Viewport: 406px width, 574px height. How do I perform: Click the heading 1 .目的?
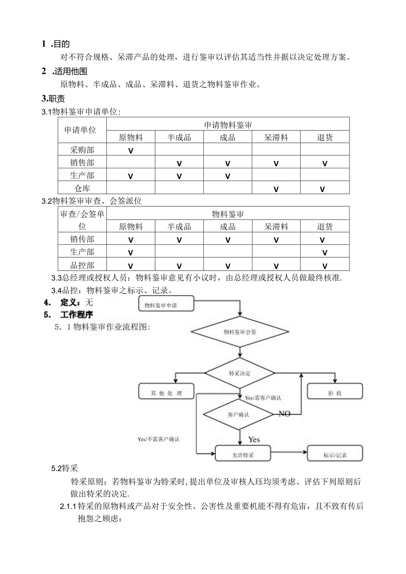(56, 44)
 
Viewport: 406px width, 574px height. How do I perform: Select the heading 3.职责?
(53, 99)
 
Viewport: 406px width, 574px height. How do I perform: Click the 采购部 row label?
(82, 150)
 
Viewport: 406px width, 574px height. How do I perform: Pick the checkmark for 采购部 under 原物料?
(131, 150)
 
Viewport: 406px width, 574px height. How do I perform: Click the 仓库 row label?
(82, 188)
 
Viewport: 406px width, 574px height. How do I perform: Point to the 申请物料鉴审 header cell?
(228, 125)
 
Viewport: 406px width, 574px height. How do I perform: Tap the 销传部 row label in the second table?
(82, 240)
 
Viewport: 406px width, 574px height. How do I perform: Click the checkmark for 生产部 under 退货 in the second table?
(325, 253)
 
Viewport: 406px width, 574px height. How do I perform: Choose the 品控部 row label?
(82, 266)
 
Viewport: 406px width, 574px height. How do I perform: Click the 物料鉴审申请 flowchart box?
(165, 305)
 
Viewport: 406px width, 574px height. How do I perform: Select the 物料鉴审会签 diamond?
(240, 332)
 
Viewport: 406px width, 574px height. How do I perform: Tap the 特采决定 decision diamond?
(240, 373)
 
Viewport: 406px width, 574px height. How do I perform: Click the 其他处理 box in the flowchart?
(166, 393)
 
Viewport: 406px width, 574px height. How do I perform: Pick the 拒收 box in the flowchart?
(335, 393)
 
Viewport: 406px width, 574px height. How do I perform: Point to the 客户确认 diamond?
(238, 414)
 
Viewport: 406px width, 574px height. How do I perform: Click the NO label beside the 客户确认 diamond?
(285, 414)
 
